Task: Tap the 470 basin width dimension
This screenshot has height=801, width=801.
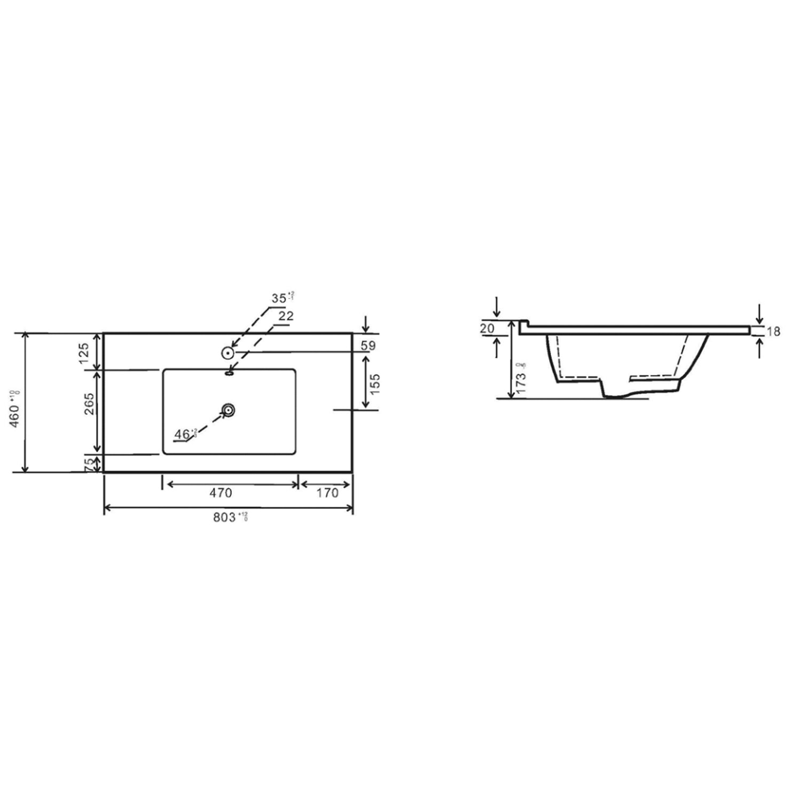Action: pos(221,493)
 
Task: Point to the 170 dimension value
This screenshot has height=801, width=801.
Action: pos(327,493)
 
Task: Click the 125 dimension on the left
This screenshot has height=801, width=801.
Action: pos(83,353)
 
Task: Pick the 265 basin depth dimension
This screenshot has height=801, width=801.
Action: pos(89,404)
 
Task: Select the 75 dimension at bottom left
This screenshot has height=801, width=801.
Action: pos(89,464)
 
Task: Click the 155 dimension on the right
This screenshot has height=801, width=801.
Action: pos(375,384)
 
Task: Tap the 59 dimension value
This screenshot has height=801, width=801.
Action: pos(368,345)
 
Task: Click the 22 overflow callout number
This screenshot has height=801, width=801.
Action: pos(286,316)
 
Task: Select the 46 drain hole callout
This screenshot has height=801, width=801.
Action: pos(183,434)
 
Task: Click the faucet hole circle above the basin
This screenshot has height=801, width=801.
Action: pos(228,352)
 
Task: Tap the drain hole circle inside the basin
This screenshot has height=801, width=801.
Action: pos(229,410)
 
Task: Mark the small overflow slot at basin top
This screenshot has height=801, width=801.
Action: pos(230,373)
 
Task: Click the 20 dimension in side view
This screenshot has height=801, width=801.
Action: pos(486,328)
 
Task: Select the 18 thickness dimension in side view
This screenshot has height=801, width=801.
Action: pos(773,331)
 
